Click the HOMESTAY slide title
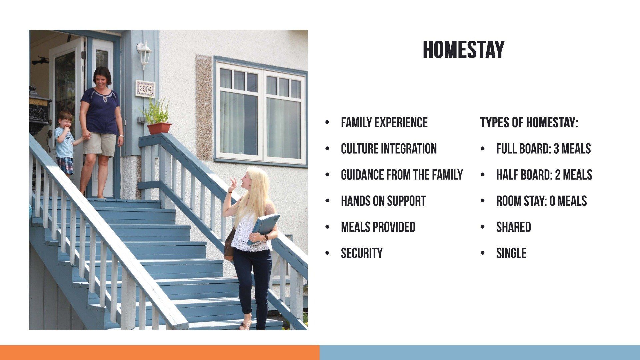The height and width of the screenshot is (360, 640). [463, 50]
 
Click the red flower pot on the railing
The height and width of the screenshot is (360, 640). [159, 128]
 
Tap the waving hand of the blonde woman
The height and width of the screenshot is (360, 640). [232, 185]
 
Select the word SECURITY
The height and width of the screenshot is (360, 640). [362, 253]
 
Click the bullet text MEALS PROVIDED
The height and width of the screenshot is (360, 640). [378, 227]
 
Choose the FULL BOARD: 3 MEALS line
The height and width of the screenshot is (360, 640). [543, 149]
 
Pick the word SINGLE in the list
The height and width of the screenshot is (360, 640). [511, 253]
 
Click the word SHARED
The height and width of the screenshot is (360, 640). [513, 227]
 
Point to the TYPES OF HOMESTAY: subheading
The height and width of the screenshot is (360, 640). [529, 123]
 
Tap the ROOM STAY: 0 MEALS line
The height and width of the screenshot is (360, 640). [541, 201]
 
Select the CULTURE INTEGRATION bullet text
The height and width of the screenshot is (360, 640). [389, 149]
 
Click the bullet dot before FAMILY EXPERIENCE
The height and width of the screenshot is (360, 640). [327, 123]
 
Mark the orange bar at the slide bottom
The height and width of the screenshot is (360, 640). [160, 352]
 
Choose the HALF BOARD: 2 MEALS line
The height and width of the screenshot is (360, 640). [544, 175]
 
